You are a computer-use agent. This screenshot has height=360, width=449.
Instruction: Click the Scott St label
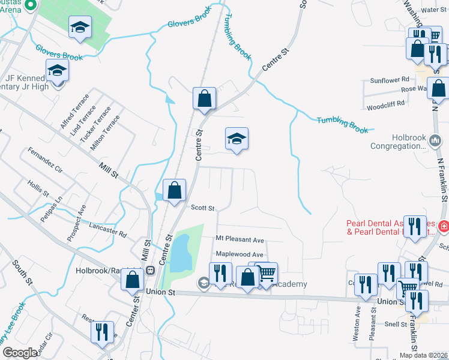[202, 208]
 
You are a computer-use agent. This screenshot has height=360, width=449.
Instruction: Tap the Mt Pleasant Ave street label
[240, 240]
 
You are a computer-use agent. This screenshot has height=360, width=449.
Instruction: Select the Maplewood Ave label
[240, 255]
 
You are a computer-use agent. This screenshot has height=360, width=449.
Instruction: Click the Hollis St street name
[38, 189]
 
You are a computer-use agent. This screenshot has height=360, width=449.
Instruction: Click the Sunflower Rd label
[389, 80]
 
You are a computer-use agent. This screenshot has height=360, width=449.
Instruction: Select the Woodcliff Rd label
[385, 103]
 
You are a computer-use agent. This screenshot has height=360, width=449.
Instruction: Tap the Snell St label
[396, 324]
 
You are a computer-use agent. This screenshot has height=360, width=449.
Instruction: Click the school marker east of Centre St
[237, 139]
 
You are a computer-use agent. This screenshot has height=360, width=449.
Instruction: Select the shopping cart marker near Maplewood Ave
[267, 274]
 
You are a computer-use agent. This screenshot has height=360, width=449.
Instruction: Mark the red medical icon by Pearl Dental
[443, 227]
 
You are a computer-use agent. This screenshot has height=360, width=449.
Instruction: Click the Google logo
[20, 353]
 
